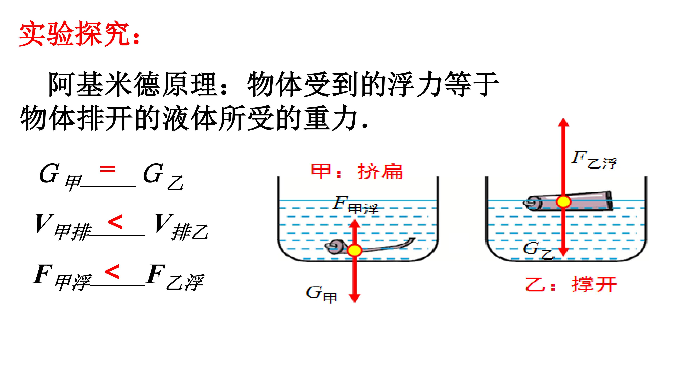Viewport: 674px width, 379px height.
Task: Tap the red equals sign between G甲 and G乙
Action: click(108, 169)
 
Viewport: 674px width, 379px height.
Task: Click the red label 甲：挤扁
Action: click(357, 172)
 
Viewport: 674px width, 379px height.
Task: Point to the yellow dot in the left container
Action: click(355, 250)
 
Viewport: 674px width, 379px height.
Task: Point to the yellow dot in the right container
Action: click(563, 202)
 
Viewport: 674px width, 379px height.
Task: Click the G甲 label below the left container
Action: click(322, 294)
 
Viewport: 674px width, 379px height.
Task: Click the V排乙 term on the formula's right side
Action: click(181, 227)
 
